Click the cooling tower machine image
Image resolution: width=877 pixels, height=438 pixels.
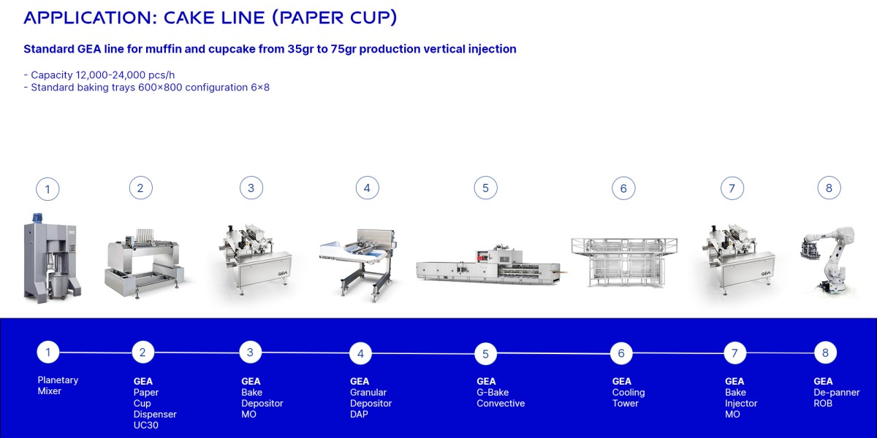[623, 261]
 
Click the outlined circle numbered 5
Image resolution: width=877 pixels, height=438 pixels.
[485, 188]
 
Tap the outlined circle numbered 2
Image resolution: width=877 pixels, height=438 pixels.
[140, 188]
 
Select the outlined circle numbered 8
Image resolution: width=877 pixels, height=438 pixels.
[829, 188]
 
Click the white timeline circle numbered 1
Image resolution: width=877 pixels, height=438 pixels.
[48, 353]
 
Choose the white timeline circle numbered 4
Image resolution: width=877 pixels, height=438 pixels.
[360, 354]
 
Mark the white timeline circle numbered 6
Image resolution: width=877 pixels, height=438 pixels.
[621, 353]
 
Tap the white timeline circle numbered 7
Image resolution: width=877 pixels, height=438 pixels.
[734, 353]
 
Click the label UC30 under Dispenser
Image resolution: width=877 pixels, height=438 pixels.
[146, 426]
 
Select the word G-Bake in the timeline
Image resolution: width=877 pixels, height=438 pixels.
[493, 392]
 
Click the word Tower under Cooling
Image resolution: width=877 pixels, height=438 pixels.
[626, 403]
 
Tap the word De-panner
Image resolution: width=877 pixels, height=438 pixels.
[837, 392]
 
